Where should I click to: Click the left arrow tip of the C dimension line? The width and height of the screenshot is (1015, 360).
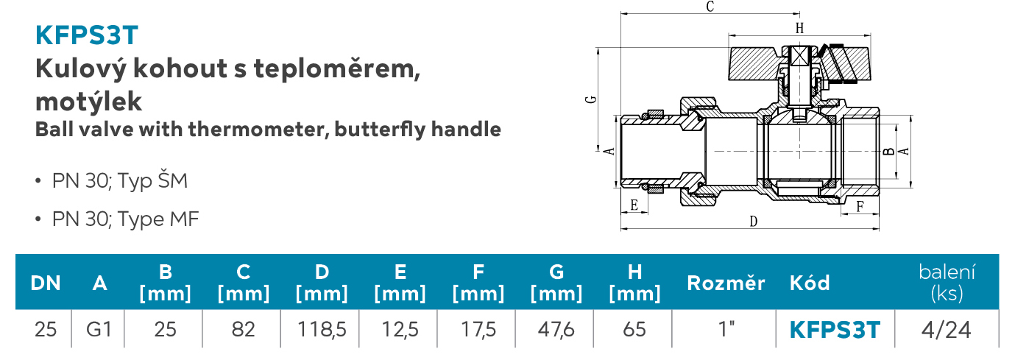point(621,14)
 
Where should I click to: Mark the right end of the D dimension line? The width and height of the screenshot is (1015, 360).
point(879,228)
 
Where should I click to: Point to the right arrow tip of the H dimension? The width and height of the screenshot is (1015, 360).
point(871,35)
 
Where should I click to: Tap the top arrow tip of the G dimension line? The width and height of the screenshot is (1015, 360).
point(598,48)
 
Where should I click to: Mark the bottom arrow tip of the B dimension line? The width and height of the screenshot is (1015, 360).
point(896,179)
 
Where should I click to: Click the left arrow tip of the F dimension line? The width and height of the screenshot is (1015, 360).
point(841,213)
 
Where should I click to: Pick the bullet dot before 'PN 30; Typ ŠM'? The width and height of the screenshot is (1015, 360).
point(38,181)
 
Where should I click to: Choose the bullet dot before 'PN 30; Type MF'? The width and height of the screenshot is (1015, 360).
point(38,219)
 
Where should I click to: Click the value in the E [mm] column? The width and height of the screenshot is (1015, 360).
point(400,330)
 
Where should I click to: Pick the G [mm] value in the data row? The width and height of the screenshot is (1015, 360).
point(556,330)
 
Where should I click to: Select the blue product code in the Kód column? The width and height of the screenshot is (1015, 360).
point(835,330)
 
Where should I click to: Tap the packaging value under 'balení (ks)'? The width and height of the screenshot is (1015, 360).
point(946,330)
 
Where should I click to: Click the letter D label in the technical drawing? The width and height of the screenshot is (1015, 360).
point(753,222)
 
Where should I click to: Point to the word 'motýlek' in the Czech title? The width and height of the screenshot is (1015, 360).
point(89,101)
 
